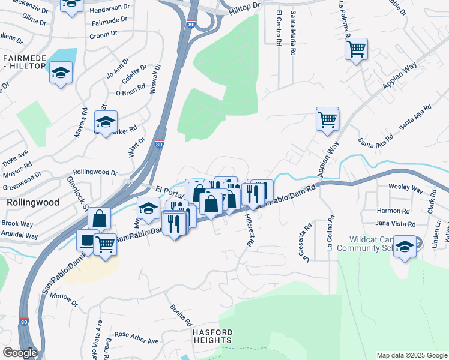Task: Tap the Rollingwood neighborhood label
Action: click(x=33, y=203)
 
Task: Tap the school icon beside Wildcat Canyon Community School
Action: click(x=405, y=247)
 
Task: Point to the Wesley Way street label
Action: click(x=407, y=188)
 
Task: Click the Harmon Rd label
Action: click(x=393, y=211)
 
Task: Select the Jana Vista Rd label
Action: click(x=395, y=224)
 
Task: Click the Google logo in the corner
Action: click(x=20, y=353)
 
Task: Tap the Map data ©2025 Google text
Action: click(x=411, y=355)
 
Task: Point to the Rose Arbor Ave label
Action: click(x=136, y=337)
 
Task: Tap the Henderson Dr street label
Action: click(x=109, y=11)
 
